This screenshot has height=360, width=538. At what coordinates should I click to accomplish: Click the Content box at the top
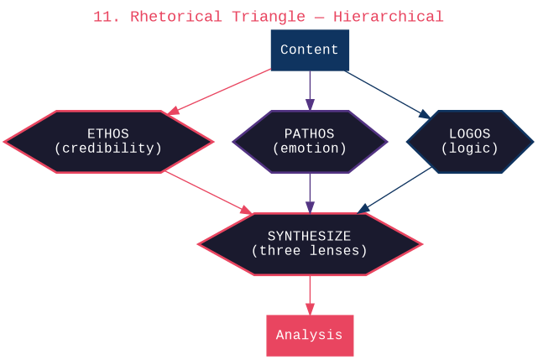310,50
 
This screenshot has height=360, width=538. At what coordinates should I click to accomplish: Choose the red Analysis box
310,335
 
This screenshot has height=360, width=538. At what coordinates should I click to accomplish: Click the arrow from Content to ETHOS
220,91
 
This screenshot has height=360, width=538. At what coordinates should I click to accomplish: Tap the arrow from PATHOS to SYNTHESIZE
310,193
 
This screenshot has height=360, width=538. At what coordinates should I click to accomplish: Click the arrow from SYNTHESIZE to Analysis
310,295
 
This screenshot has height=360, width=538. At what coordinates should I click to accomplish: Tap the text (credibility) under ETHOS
108,149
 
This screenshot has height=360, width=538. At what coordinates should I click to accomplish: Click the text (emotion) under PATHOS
310,149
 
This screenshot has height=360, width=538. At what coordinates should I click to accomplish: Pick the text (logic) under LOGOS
470,149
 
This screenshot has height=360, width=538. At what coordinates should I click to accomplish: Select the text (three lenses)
310,250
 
